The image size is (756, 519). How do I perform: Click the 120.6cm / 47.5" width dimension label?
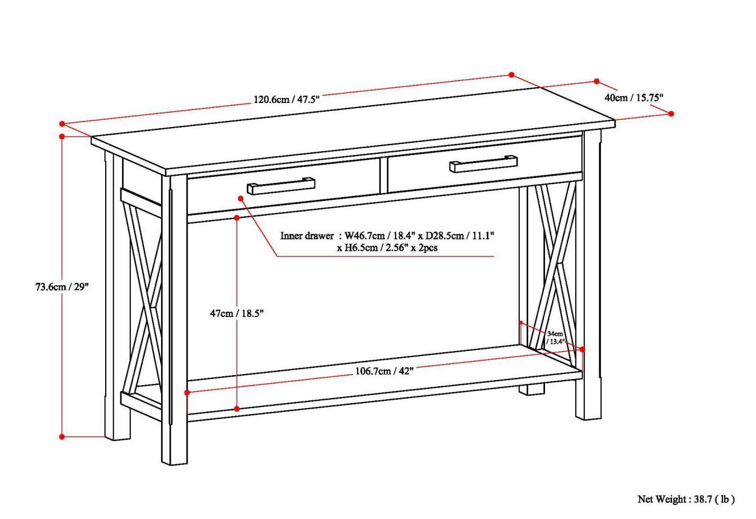pyautogui.click(x=287, y=100)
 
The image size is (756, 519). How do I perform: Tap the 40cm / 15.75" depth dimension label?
pyautogui.click(x=634, y=97)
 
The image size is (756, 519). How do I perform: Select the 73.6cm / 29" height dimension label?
pyautogui.click(x=62, y=287)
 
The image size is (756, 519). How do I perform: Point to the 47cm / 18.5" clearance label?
pyautogui.click(x=237, y=314)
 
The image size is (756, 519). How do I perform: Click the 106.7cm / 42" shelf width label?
pyautogui.click(x=384, y=371)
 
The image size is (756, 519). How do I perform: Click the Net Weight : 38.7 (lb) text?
pyautogui.click(x=686, y=499)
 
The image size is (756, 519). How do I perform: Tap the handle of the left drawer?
pyautogui.click(x=281, y=186)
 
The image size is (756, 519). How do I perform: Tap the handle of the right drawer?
pyautogui.click(x=483, y=163)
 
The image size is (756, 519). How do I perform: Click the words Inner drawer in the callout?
pyautogui.click(x=307, y=236)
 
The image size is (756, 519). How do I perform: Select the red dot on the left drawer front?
pyautogui.click(x=241, y=198)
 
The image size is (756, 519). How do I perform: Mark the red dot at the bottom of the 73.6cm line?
pyautogui.click(x=62, y=437)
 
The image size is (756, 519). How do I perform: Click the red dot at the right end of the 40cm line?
pyautogui.click(x=672, y=114)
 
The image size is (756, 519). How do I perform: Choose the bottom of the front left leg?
pyautogui.click(x=175, y=461)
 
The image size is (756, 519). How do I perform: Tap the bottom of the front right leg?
pyautogui.click(x=589, y=417)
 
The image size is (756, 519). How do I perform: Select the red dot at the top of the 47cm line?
pyautogui.click(x=237, y=217)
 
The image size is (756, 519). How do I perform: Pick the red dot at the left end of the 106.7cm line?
pyautogui.click(x=187, y=394)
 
